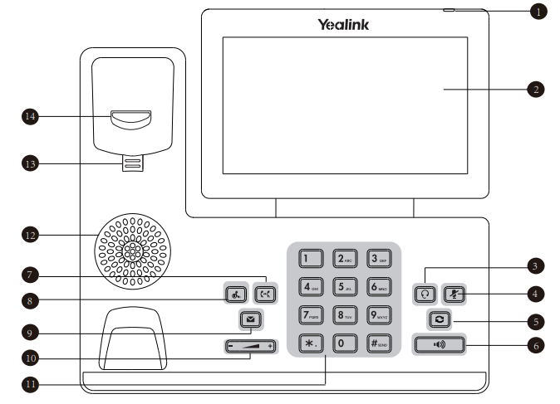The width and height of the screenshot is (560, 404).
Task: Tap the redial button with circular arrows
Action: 437,319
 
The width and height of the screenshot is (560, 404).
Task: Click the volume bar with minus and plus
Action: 250,346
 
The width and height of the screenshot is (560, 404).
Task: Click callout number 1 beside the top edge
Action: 539,12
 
